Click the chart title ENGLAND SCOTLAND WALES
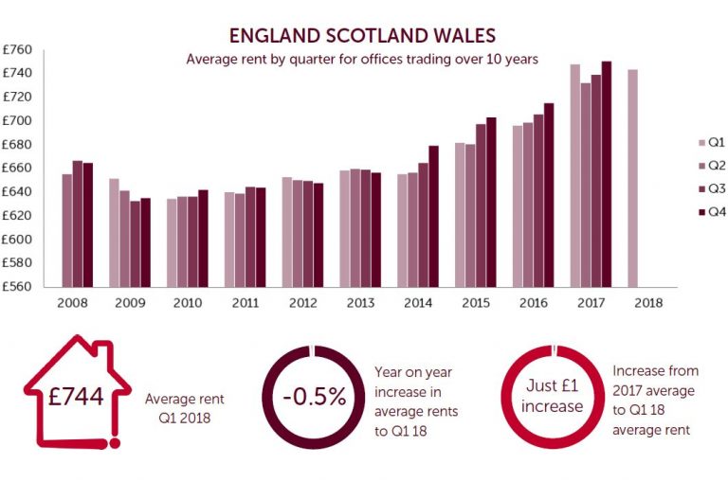(364, 36)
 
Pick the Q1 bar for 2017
(574, 175)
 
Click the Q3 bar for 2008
(78, 223)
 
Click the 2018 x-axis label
(649, 303)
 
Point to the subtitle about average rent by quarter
(363, 60)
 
